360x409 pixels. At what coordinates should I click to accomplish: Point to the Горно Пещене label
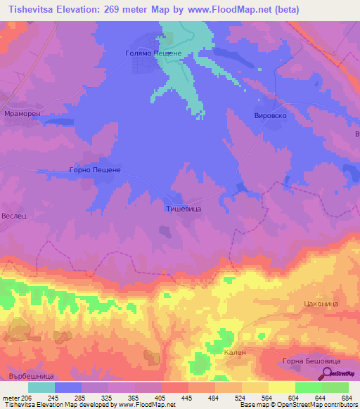[96, 170]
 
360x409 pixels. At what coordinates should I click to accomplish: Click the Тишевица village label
[184, 209]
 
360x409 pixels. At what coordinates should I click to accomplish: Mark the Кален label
[233, 353]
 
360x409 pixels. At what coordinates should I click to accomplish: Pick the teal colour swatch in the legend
[41, 387]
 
